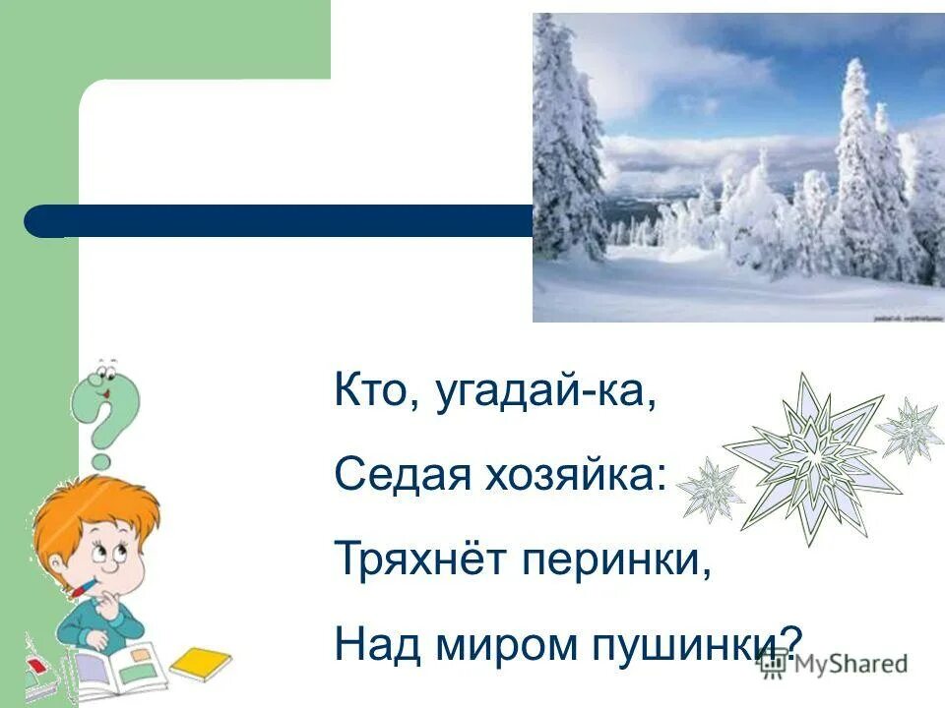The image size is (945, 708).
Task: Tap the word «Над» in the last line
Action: point(369,644)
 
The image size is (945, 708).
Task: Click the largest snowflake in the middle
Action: point(811,458)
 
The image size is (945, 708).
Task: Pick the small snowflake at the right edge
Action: point(911,429)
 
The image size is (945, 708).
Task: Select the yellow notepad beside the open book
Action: point(201,663)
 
